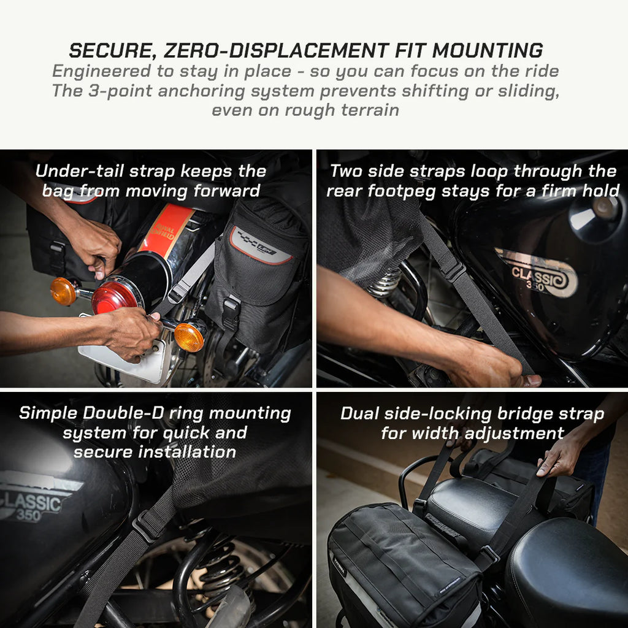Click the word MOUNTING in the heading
[x=488, y=50]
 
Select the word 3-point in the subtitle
[x=121, y=91]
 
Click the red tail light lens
[x=115, y=297]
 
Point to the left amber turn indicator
[x=63, y=291]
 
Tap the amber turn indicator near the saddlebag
[x=189, y=337]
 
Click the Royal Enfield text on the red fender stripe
[x=164, y=232]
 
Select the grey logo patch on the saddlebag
[x=261, y=245]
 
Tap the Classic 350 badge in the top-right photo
[x=536, y=273]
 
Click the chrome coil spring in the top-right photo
[x=385, y=283]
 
